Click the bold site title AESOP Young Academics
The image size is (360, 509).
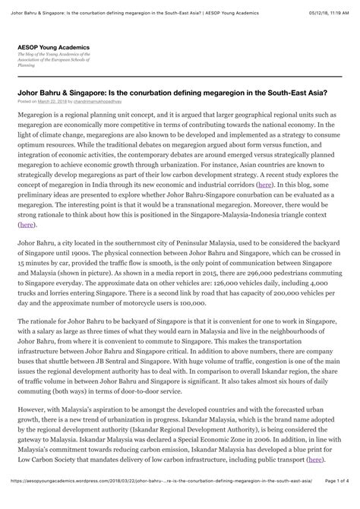click(x=53, y=47)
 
